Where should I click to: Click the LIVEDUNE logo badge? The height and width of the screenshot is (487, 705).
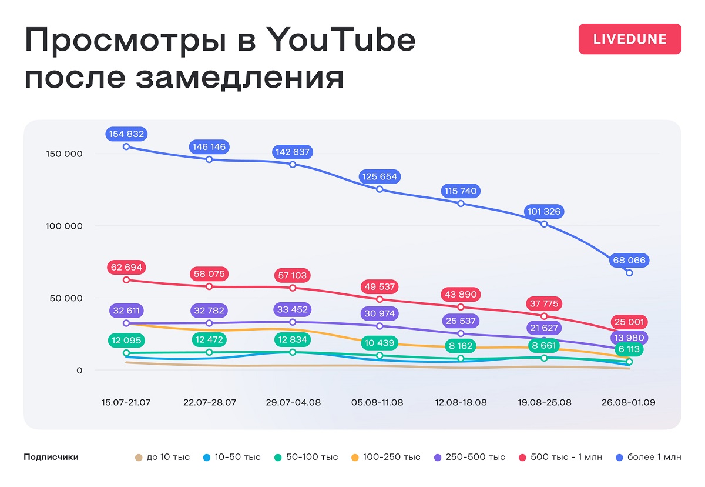[630, 39]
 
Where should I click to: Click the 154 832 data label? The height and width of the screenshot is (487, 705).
[126, 134]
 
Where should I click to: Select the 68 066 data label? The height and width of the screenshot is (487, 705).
[629, 261]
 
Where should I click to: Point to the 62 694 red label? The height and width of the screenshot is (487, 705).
[126, 268]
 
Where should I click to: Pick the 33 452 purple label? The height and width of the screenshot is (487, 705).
[293, 309]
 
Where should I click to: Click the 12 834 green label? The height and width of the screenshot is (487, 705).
[293, 340]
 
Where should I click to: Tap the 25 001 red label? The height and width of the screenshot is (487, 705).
[629, 322]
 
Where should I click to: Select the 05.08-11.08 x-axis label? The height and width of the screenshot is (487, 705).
[377, 403]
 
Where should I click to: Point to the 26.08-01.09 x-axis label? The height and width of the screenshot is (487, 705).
[629, 403]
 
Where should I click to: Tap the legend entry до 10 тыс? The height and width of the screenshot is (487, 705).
[168, 457]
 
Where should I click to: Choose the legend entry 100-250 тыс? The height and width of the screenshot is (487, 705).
[391, 457]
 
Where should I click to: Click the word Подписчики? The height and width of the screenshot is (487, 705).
[51, 457]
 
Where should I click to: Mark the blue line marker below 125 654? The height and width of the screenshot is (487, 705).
[380, 189]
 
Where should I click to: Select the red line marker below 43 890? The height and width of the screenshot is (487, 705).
[461, 307]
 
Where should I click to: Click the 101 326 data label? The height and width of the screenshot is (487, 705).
[544, 211]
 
